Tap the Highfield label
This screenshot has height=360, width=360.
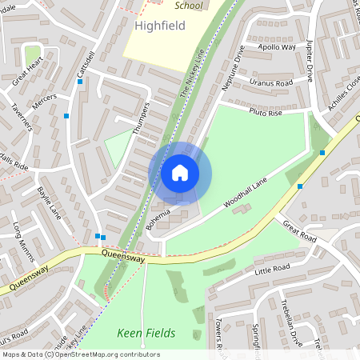tap(160, 26)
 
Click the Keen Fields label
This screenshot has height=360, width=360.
tap(146, 332)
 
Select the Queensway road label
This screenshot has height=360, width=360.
tap(123, 257)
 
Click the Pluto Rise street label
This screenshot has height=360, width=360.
tap(266, 112)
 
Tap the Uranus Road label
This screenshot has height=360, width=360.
tap(271, 82)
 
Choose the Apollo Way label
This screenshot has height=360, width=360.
tap(277, 47)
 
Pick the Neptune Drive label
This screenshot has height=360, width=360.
tap(233, 67)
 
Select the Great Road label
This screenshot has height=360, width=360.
tap(300, 231)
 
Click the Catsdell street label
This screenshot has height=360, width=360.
tap(85, 66)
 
